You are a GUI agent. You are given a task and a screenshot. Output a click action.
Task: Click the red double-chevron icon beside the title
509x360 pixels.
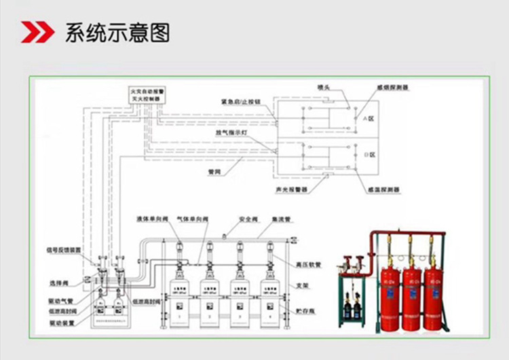coord(37,32)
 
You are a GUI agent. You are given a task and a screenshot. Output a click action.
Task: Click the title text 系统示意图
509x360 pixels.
coord(117,33)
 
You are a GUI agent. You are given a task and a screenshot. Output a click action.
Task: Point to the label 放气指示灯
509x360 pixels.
coord(231,133)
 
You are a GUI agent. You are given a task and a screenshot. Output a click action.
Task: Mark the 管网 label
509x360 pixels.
coord(214,172)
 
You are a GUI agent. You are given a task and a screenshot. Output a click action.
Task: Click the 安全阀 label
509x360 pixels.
coord(245,219)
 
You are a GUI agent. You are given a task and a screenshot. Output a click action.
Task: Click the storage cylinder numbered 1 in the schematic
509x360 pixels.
coord(180,299)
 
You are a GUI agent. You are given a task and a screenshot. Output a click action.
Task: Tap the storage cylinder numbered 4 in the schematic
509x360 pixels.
coord(269,299)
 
